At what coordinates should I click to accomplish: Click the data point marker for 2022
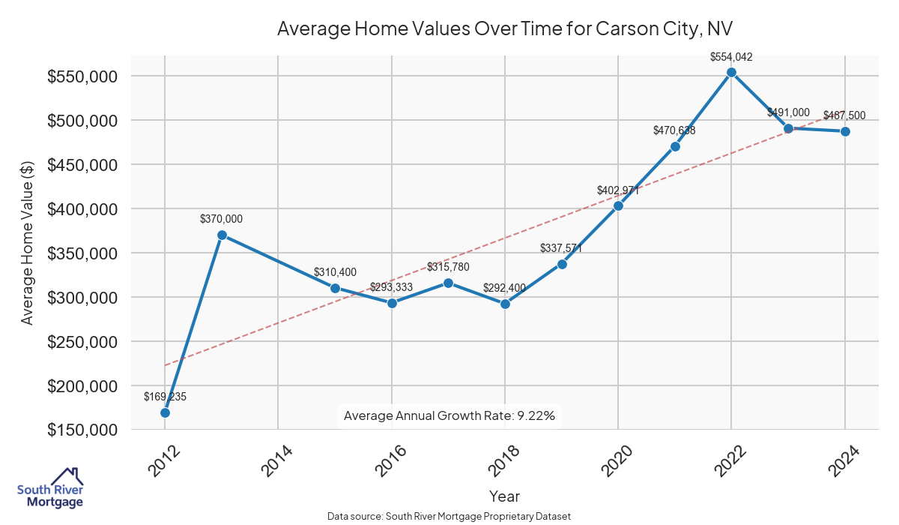[x=731, y=73]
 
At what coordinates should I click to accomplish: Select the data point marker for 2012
[x=165, y=412]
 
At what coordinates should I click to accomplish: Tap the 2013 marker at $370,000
[x=222, y=235]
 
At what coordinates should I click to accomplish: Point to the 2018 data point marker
[x=505, y=304]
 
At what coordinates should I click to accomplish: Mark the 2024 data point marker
[x=845, y=131]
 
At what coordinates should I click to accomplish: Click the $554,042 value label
[x=731, y=56]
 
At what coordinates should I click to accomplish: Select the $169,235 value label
[x=165, y=396]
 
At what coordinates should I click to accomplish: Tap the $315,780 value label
[x=449, y=267]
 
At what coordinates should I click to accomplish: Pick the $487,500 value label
[x=844, y=115]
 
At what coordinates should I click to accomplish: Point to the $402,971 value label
[x=618, y=190]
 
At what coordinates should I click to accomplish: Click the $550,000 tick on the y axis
[x=82, y=76]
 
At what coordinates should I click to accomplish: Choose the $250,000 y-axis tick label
[x=82, y=342]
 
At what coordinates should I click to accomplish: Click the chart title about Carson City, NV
[x=505, y=28]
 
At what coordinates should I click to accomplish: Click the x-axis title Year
[x=504, y=496]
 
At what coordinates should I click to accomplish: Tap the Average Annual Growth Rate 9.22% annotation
[x=449, y=415]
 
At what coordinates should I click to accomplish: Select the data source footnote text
[x=449, y=516]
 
